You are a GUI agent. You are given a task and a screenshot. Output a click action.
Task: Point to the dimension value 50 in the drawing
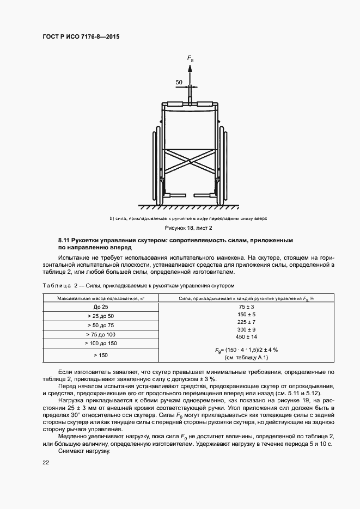[x=179, y=83]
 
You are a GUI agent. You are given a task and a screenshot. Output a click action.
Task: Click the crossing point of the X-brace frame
[x=190, y=161]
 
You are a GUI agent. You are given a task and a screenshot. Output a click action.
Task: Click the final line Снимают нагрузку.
[x=83, y=451]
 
